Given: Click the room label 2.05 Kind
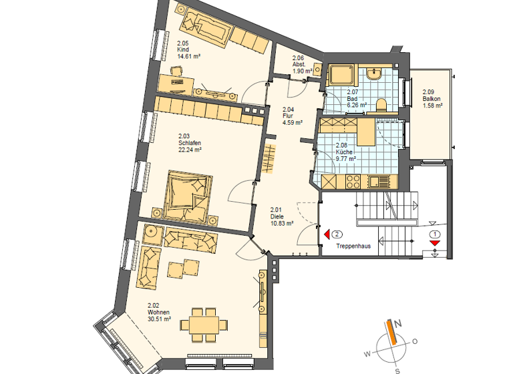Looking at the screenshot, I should pyautogui.click(x=184, y=50).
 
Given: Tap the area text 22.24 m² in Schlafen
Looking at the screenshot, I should pyautogui.click(x=190, y=150).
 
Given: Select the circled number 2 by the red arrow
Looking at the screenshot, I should pyautogui.click(x=338, y=234).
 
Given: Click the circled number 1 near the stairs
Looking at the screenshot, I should pyautogui.click(x=435, y=234).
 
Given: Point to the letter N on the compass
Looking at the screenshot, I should pyautogui.click(x=398, y=324).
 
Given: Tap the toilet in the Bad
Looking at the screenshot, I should pyautogui.click(x=382, y=104).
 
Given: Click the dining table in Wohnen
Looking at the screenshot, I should pyautogui.click(x=203, y=326).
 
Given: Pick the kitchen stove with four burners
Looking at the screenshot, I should pyautogui.click(x=353, y=180).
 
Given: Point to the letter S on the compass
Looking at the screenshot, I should pyautogui.click(x=397, y=369).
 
